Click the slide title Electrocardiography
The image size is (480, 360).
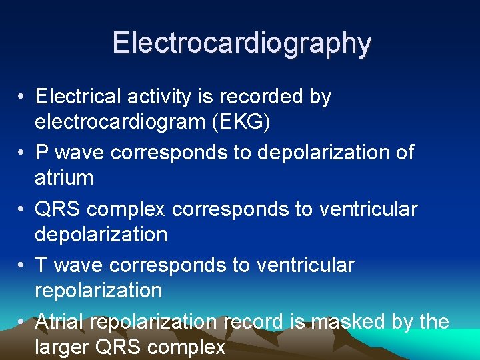tap(241, 43)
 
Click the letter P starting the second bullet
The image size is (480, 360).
tap(42, 152)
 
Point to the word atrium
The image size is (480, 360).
tap(64, 178)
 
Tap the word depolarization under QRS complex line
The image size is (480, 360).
tap(101, 235)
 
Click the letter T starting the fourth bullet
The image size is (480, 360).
tap(41, 265)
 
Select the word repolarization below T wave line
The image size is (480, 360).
tap(98, 291)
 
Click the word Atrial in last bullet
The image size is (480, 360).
tap(59, 322)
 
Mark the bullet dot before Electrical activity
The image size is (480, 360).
tap(22, 97)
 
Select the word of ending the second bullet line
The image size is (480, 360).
tap(403, 152)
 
